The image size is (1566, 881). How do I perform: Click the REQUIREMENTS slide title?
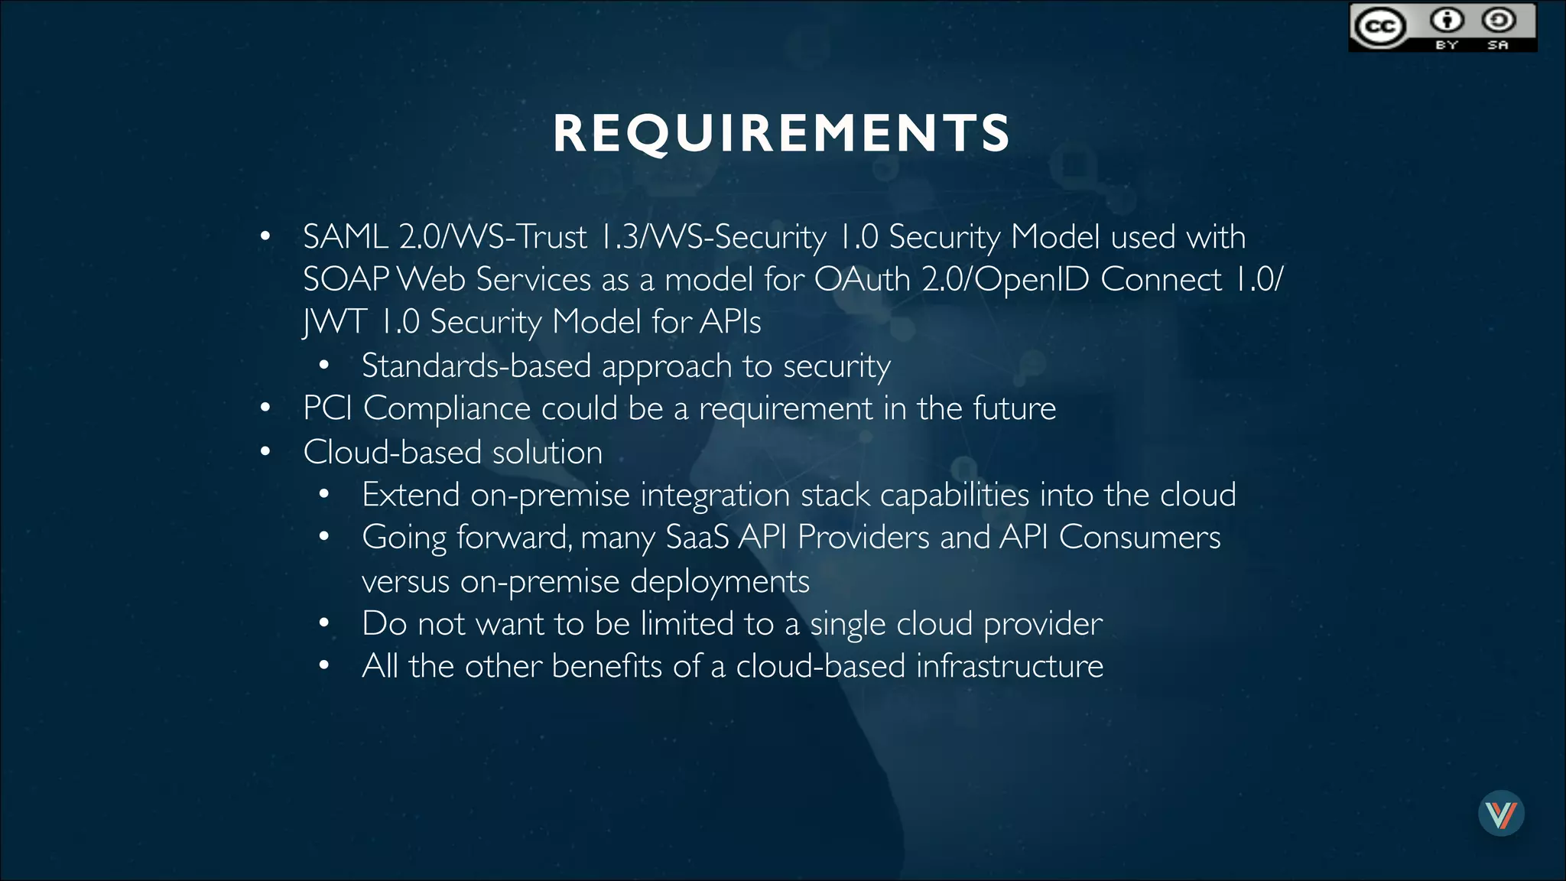click(x=781, y=133)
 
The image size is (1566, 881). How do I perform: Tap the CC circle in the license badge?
click(x=1380, y=28)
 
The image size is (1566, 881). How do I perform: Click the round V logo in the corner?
click(x=1501, y=813)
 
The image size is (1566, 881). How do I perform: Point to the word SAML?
click(x=345, y=237)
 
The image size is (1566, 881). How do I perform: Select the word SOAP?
click(x=346, y=280)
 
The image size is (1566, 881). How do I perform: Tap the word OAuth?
click(x=862, y=280)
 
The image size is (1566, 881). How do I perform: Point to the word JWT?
click(x=334, y=322)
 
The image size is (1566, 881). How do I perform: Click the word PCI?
click(x=327, y=408)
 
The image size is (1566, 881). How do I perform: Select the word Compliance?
click(x=447, y=408)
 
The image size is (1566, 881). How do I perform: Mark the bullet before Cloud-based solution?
click(x=265, y=452)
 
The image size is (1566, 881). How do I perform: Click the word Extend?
click(x=411, y=496)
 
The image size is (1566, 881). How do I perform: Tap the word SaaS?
click(x=697, y=538)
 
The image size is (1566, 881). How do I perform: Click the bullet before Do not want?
click(x=324, y=624)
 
